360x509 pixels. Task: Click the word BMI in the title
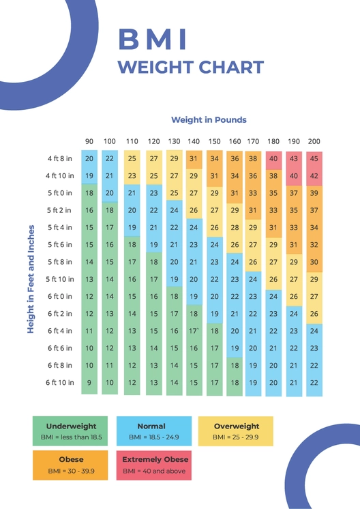153,40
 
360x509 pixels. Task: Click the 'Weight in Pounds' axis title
209,120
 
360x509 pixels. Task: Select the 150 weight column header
214,141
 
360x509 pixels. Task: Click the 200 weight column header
314,141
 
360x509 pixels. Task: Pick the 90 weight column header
89,141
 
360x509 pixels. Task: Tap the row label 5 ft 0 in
60,193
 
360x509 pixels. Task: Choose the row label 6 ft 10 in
60,383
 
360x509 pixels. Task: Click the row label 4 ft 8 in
60,158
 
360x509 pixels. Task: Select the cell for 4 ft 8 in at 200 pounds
314,158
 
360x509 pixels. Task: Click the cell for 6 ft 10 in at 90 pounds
89,383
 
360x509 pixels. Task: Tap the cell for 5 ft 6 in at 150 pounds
214,244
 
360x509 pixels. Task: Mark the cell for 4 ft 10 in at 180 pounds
273,175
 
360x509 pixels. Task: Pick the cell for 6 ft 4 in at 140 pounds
194,331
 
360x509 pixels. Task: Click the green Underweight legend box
70,431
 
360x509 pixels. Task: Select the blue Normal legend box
151,431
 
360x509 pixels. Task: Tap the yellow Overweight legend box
236,431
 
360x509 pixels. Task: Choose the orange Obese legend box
70,465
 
